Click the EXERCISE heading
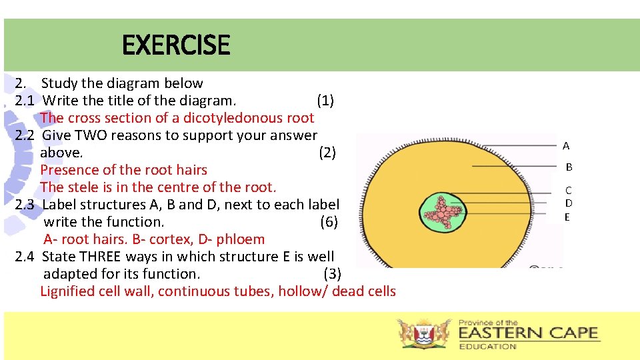(x=176, y=45)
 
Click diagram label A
(x=566, y=145)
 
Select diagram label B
(x=569, y=167)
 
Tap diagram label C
(x=569, y=191)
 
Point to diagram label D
(x=569, y=203)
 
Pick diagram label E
(x=567, y=217)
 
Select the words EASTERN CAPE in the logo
(x=528, y=333)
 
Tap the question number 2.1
(x=25, y=101)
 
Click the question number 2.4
(x=25, y=257)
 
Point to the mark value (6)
(x=329, y=222)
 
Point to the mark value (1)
(x=325, y=101)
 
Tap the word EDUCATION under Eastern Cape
(x=487, y=346)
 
